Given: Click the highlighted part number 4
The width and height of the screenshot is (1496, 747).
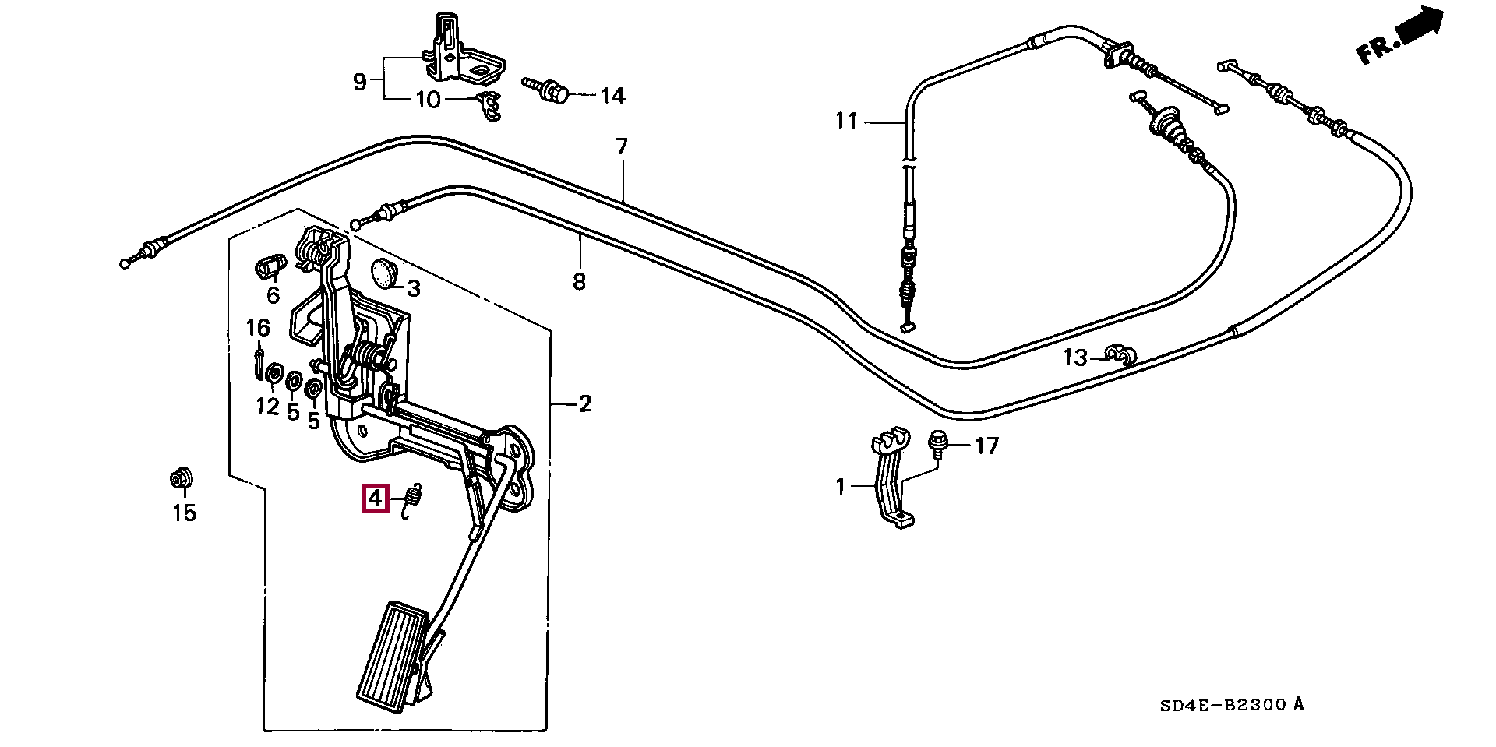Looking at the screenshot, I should coord(375,498).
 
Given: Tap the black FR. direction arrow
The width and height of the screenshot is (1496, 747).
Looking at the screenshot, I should coord(1420,30).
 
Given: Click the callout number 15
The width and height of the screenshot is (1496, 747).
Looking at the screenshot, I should coord(185,513).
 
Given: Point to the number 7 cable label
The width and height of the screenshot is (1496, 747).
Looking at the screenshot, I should coord(621,146).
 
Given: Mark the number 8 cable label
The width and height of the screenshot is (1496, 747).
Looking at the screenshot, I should coord(578,281).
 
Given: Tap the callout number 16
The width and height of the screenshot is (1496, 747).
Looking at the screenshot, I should coord(258,328).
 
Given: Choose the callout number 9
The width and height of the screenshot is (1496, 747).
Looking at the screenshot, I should coord(359,81).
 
